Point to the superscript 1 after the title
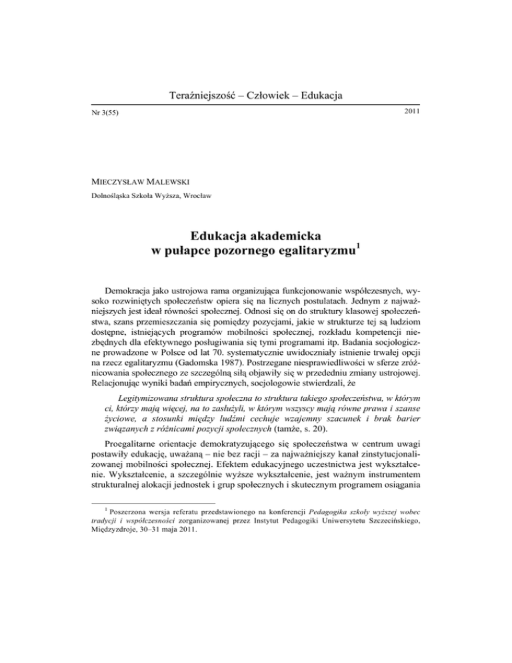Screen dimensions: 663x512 click(x=361, y=248)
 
